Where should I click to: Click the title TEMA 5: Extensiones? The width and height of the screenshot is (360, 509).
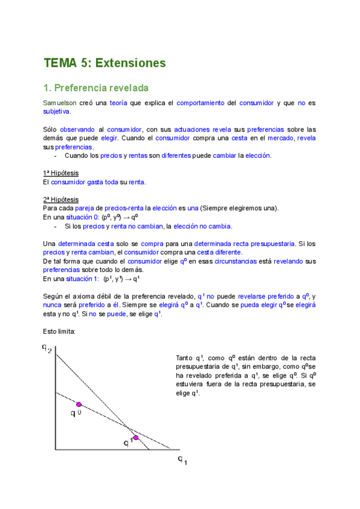[104, 62]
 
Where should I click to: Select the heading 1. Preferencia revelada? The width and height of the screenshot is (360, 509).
[96, 88]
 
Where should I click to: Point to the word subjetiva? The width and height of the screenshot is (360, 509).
[57, 111]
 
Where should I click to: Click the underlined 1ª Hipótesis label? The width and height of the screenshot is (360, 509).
[61, 173]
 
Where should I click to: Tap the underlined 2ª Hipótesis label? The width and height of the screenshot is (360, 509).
[61, 199]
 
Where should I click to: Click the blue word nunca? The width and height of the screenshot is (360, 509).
[53, 305]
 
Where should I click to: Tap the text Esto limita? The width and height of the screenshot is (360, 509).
[59, 331]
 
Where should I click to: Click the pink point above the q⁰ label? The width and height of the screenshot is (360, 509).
[79, 405]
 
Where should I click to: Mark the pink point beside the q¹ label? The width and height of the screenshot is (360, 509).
[136, 438]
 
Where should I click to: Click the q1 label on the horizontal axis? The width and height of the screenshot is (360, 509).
[182, 461]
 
